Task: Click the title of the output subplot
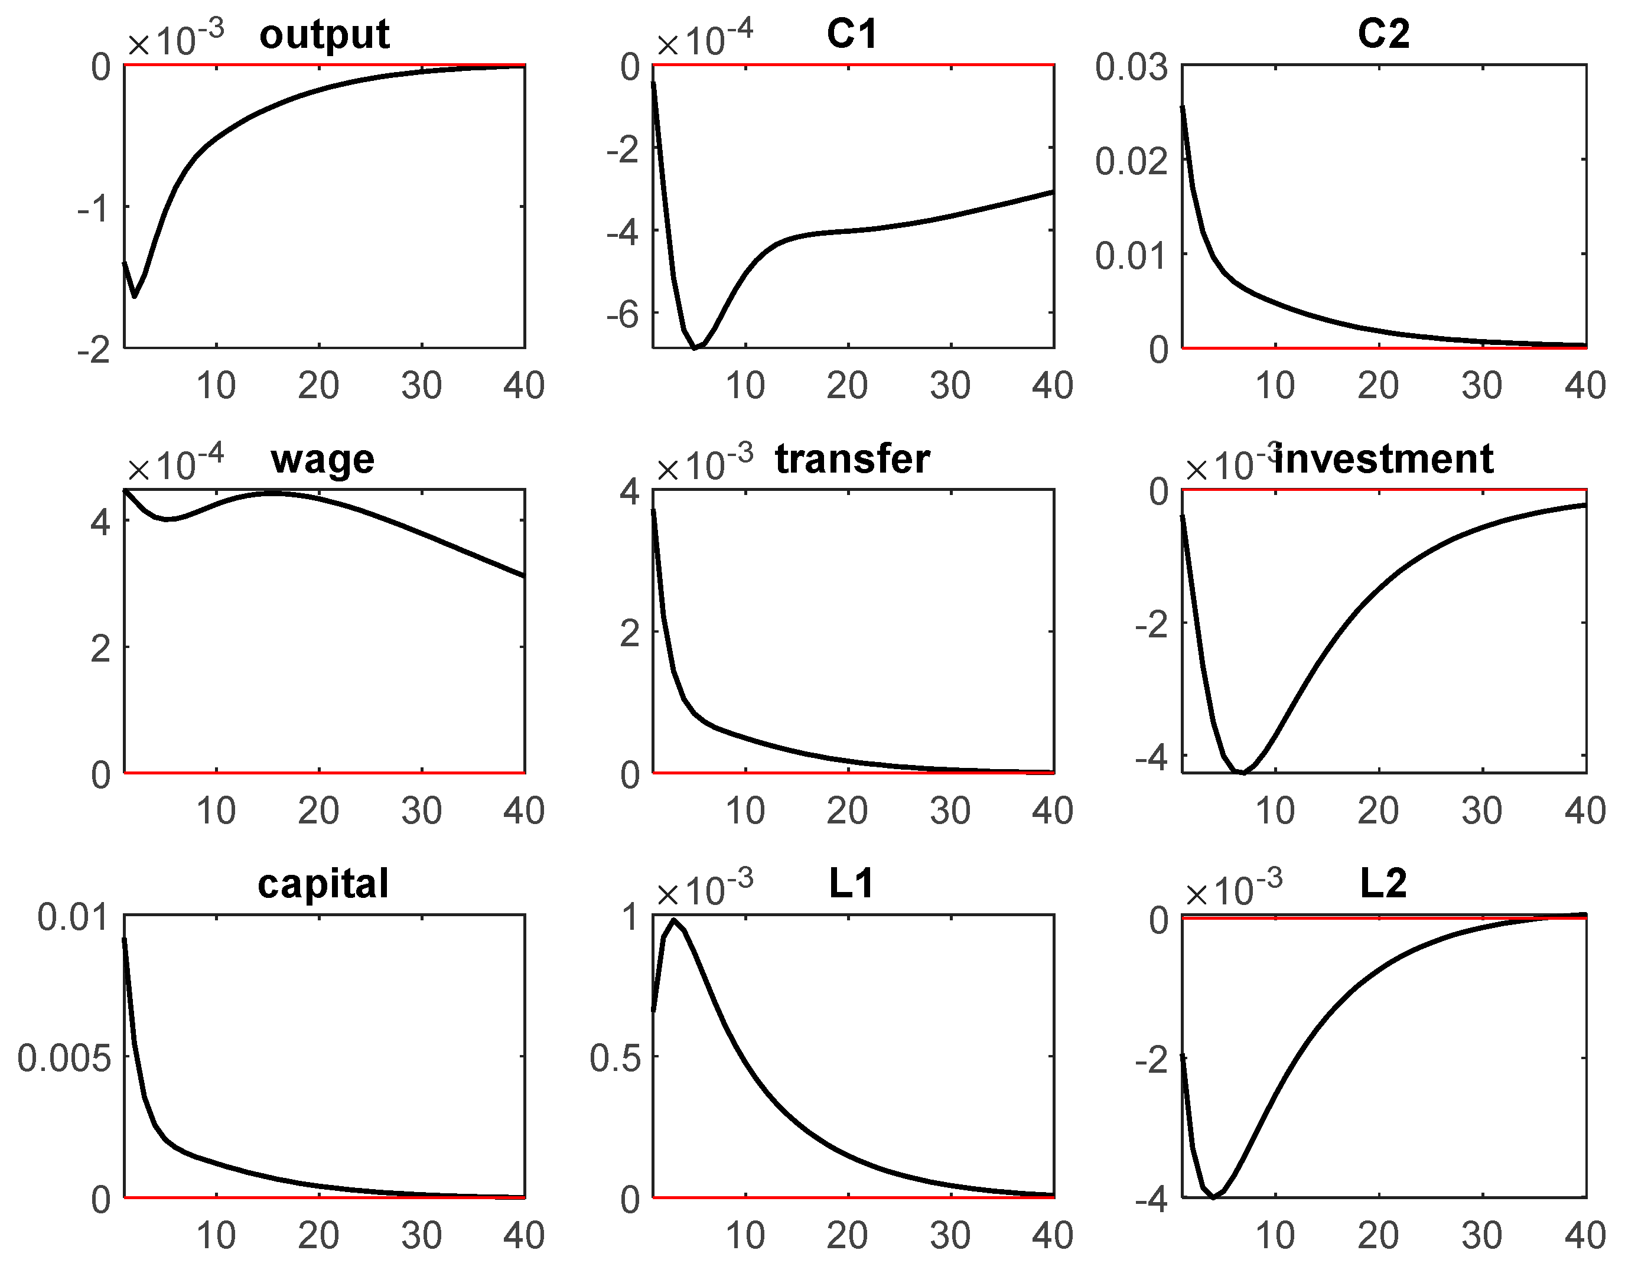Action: tap(324, 35)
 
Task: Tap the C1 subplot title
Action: tap(852, 34)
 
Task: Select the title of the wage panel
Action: tap(323, 460)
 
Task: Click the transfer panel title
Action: tap(852, 459)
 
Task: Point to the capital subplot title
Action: tap(323, 885)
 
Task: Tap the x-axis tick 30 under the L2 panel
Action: tap(1481, 1236)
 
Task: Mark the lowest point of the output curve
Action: tap(135, 297)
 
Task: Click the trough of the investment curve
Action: tap(1243, 772)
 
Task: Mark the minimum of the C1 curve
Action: tap(695, 347)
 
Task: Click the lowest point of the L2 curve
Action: tap(1213, 1197)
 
